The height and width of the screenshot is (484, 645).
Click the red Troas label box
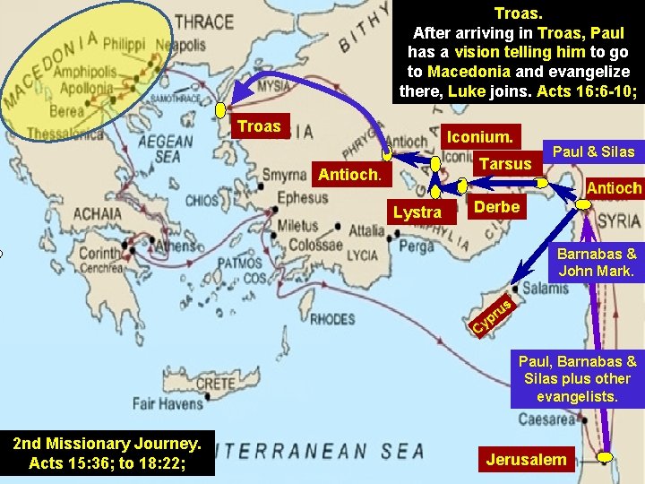pyautogui.click(x=259, y=126)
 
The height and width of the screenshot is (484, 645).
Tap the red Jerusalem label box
pyautogui.click(x=526, y=460)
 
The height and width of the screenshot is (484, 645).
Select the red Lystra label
pyautogui.click(x=417, y=212)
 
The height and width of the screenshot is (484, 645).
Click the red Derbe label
pyautogui.click(x=494, y=207)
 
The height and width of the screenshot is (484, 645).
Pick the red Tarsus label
pyautogui.click(x=505, y=164)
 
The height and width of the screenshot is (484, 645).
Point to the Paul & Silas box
pyautogui.click(x=593, y=151)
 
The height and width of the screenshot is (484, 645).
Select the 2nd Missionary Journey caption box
pyautogui.click(x=107, y=453)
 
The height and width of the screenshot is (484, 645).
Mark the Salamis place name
pyautogui.click(x=545, y=288)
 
